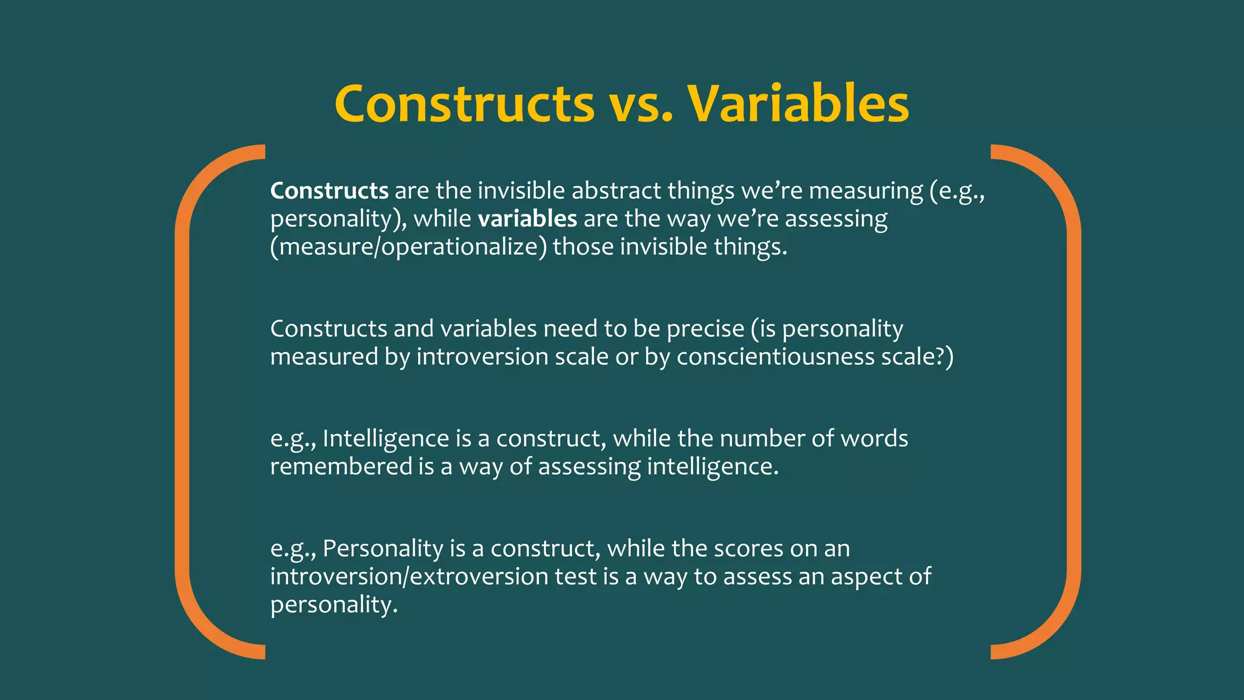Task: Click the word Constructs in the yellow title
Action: point(464,103)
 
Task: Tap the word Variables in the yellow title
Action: point(798,103)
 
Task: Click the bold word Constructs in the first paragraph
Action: point(329,191)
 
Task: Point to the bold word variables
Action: point(527,219)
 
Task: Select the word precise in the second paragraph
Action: point(705,329)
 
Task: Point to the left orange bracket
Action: point(183,401)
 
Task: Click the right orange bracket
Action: point(1073,401)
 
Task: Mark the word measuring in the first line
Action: point(866,191)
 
